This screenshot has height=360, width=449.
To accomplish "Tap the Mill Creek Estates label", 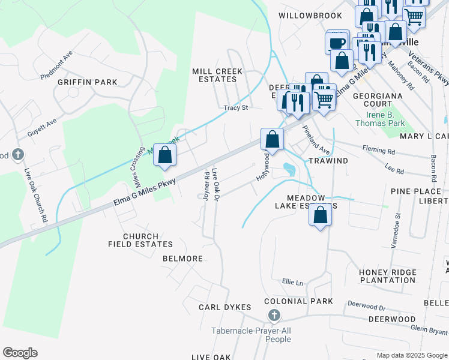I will point(217,75).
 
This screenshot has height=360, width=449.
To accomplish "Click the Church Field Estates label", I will point(140,240).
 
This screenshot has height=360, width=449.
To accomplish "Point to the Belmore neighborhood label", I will point(182,259).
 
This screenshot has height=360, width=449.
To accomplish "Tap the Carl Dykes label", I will point(224,307).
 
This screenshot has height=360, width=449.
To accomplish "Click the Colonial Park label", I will point(298,301).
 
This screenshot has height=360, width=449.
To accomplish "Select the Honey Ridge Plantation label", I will point(387,276).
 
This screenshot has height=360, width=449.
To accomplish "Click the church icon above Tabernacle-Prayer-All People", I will point(274,315).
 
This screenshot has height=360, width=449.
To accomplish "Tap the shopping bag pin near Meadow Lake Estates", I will point(321,215).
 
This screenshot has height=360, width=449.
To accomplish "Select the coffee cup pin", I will point(337,43).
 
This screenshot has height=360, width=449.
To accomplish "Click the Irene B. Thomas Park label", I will point(385,119).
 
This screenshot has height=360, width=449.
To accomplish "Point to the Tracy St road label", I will point(236,108).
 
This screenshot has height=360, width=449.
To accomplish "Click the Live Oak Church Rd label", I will point(35,196).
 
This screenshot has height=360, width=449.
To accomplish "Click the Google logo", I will point(20,353).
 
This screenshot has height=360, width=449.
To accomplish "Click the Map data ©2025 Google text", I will point(411,355).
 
